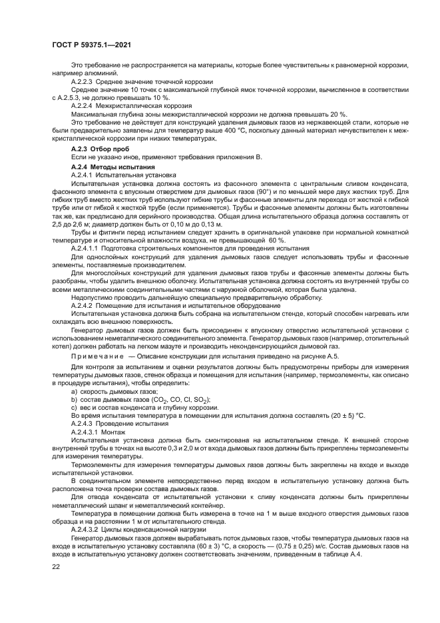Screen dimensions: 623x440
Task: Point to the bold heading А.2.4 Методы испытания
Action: click(113, 166)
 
